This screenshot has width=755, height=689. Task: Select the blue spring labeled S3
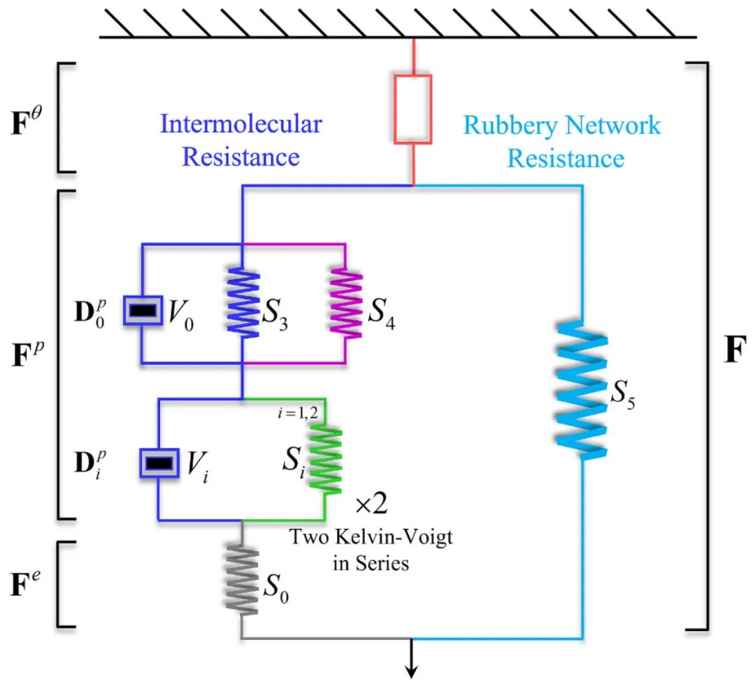coord(243,303)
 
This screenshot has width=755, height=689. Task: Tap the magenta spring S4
coord(346,303)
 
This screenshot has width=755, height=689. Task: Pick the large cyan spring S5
coord(582,390)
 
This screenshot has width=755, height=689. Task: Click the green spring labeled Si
coord(325,460)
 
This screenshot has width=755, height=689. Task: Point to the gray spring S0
coord(242,579)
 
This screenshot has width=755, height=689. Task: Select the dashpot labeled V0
coord(143,311)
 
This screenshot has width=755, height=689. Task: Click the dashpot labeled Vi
coord(159,463)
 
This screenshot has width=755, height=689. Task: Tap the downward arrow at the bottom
coord(411,658)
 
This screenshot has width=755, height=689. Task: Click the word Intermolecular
coord(240,124)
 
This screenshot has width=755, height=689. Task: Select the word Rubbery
coord(510,126)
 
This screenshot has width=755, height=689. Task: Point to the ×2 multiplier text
coord(371,504)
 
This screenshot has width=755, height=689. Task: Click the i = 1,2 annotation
coord(298,413)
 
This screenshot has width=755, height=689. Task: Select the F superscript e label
coord(26,583)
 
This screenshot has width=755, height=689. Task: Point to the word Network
coord(613,125)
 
